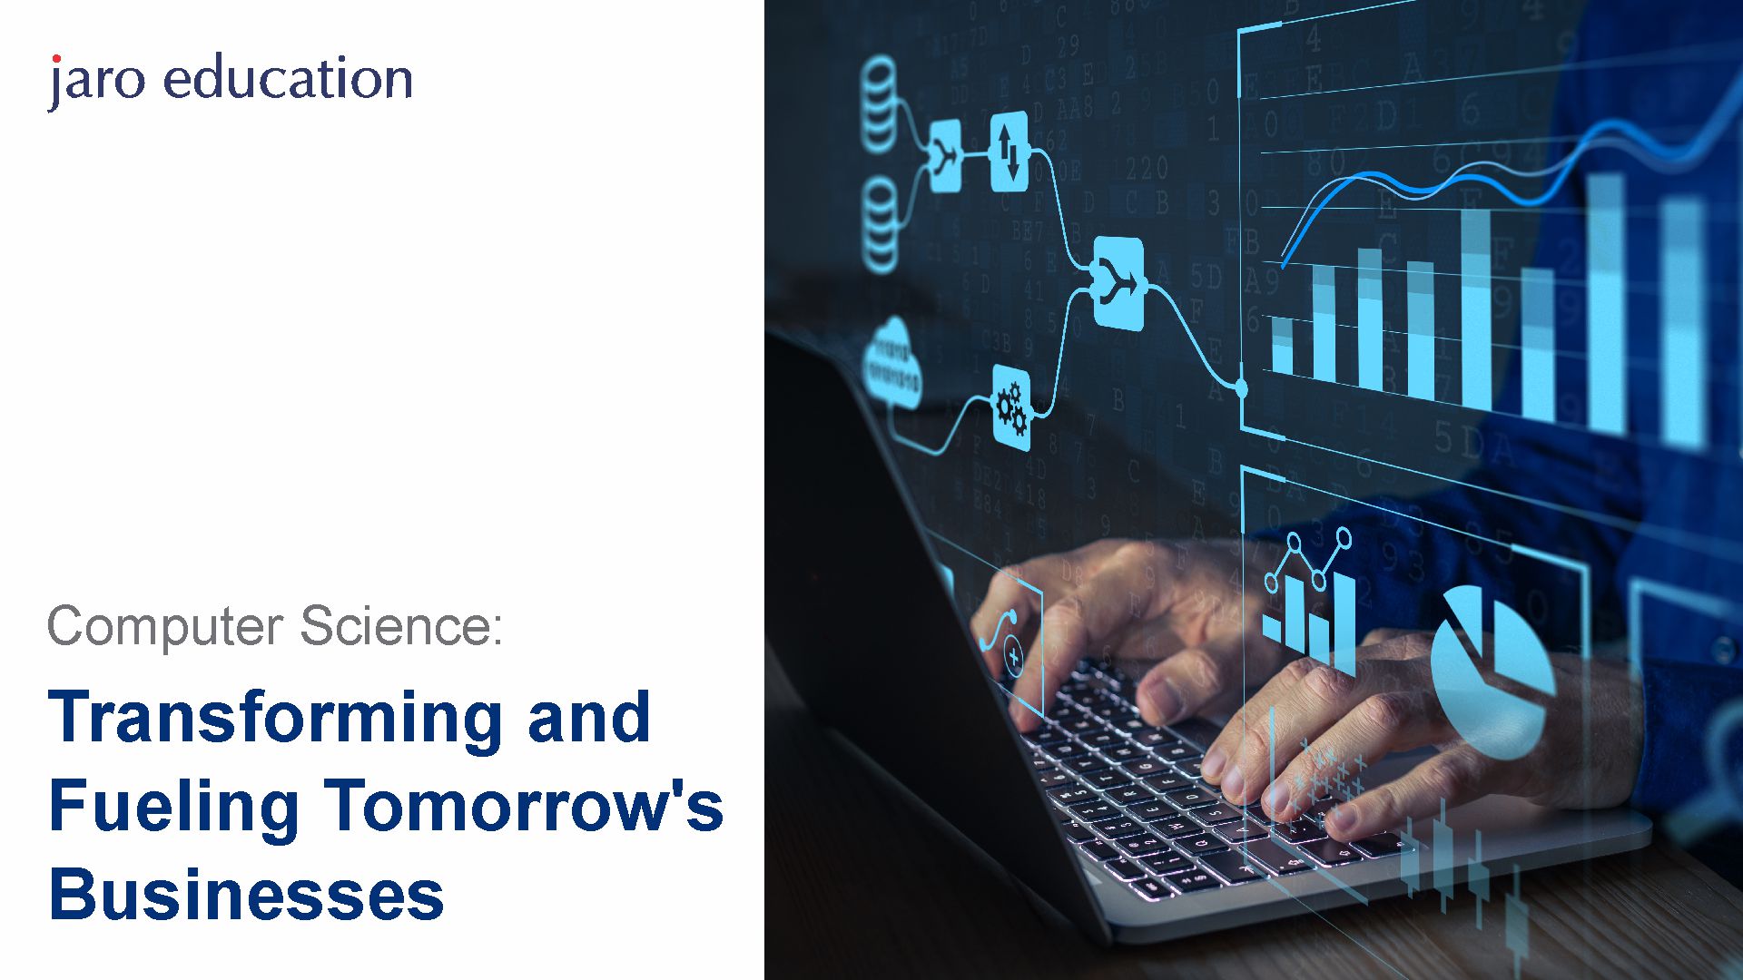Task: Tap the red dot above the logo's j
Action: [56, 59]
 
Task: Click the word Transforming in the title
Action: [275, 720]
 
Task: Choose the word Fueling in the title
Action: [173, 808]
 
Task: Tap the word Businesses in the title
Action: [246, 894]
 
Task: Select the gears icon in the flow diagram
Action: [1011, 407]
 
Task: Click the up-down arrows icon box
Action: [1009, 152]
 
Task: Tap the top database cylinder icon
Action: [879, 104]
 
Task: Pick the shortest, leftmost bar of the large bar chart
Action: [1282, 345]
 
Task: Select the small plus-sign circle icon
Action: [1013, 656]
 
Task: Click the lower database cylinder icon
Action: [879, 225]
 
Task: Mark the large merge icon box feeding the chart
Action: [1118, 284]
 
